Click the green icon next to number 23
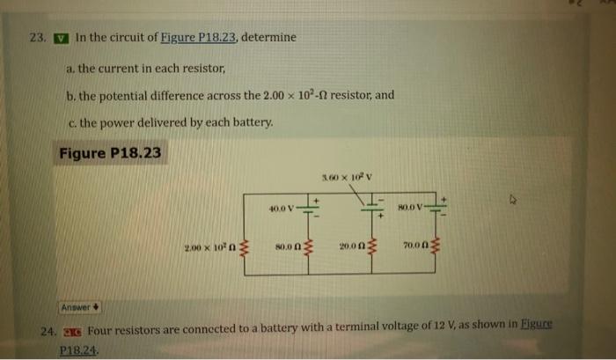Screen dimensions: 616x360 (60, 39)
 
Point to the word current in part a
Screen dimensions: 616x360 (128, 67)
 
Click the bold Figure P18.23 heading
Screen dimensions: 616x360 (110, 153)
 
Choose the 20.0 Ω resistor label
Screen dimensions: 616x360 (354, 248)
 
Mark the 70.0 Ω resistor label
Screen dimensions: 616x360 (418, 248)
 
